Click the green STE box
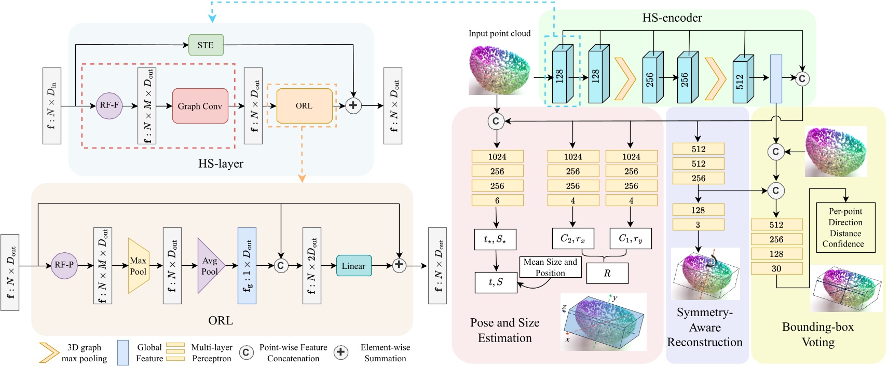(206, 45)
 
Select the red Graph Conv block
(200, 106)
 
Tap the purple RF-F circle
(109, 105)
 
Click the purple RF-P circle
(64, 265)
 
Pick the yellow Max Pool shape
(138, 266)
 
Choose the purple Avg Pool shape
(210, 266)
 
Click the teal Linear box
(353, 266)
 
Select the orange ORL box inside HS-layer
(304, 106)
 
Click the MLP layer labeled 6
(497, 200)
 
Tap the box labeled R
(607, 273)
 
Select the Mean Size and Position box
(550, 267)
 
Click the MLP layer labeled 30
(776, 268)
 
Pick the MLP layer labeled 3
(698, 225)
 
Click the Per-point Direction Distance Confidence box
(845, 227)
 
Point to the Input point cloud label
(499, 34)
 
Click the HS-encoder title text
(672, 18)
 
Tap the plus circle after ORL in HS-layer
(353, 106)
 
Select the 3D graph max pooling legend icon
(48, 352)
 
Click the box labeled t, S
(496, 282)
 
